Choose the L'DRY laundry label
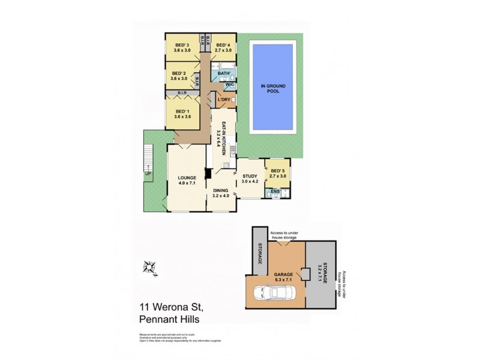pos(224,100)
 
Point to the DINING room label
pos(221,192)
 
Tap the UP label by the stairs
pos(147,174)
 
